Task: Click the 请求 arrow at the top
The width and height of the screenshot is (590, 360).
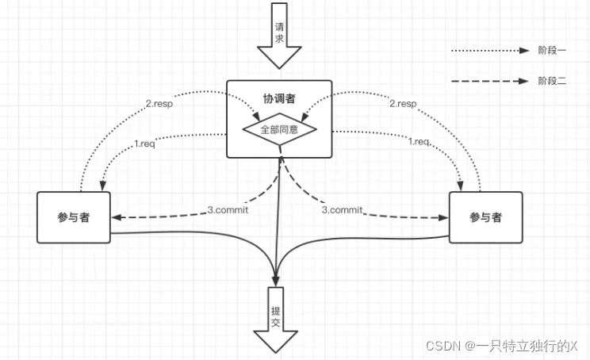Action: pos(279,36)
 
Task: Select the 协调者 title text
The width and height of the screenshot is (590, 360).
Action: pos(279,99)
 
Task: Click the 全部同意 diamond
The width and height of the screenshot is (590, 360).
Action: pos(279,128)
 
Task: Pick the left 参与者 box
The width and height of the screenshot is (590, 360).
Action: pos(73,216)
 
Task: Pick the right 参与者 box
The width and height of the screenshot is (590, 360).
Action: pos(485,216)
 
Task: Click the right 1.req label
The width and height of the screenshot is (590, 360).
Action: pos(420,141)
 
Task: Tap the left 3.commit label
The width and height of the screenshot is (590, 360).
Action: pos(227,210)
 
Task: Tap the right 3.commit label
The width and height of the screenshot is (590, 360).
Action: pos(342,210)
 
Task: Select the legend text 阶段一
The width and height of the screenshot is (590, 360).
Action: pos(552,49)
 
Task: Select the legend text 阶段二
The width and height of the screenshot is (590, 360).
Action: pos(552,80)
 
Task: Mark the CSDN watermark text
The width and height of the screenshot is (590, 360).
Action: pos(501,346)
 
